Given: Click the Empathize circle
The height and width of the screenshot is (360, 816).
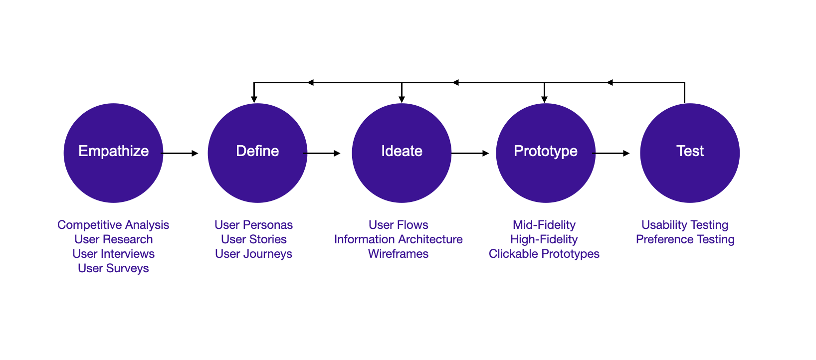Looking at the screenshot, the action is click(x=113, y=153).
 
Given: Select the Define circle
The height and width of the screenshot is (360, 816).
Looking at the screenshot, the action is click(x=257, y=153).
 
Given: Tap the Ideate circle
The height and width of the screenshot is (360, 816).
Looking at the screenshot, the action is click(x=402, y=153).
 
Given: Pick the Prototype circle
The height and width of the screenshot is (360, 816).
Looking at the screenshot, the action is click(x=546, y=153).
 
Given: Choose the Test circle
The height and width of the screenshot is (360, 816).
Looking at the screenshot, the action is click(x=690, y=153).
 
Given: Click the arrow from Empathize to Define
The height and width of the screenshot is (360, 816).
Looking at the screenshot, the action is click(x=180, y=153).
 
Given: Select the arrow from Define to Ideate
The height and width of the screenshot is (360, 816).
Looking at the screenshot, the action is click(x=322, y=153).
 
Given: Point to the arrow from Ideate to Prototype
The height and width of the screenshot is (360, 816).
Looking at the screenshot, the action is click(x=470, y=153).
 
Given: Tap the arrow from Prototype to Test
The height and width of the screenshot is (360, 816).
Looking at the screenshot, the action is click(x=611, y=153).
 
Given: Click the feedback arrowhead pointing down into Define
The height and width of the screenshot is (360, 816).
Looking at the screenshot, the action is click(x=254, y=100).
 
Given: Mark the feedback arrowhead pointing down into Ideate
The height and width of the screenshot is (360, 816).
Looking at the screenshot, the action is click(x=402, y=100).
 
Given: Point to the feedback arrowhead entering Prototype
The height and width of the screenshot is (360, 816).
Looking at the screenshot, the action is click(x=544, y=100).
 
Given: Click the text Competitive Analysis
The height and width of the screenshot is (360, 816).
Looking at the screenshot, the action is click(x=113, y=225).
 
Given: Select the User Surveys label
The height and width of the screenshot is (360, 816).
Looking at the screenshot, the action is click(x=113, y=268).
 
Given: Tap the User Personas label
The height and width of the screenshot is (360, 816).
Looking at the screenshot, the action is click(x=253, y=225).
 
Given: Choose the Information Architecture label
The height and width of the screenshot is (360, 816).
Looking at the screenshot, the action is click(x=398, y=239).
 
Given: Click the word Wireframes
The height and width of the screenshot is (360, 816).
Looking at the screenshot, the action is click(x=398, y=254).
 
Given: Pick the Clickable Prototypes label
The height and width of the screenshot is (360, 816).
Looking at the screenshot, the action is click(x=544, y=254).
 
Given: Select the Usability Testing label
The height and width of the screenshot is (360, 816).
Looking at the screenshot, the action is click(x=685, y=225).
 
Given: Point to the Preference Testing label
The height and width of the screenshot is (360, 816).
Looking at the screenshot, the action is click(x=685, y=239).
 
